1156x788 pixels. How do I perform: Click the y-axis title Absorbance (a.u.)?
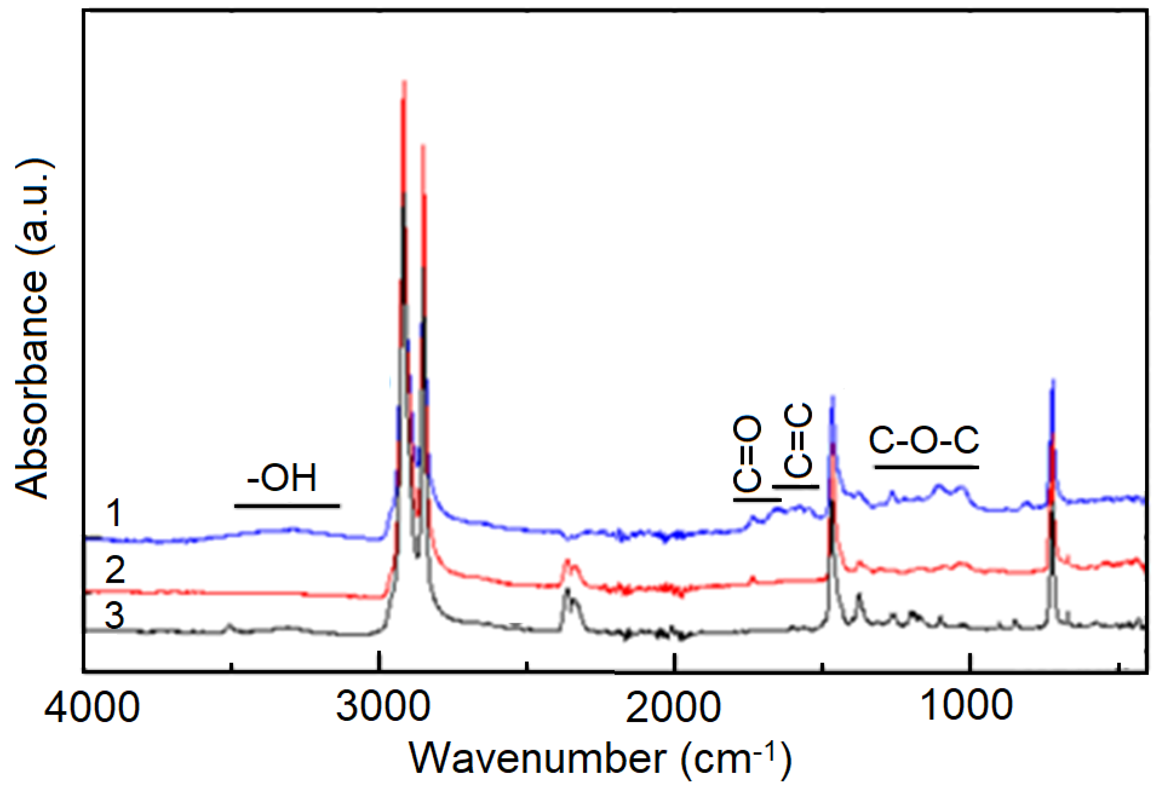click(x=33, y=328)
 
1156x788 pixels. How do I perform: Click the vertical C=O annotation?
click(x=748, y=454)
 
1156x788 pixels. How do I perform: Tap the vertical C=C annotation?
click(x=798, y=440)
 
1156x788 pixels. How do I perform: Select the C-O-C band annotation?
click(x=924, y=440)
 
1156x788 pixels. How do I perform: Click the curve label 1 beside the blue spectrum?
click(x=114, y=513)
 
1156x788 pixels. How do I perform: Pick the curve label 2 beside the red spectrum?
click(x=115, y=570)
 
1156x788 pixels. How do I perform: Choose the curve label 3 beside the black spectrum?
click(x=114, y=616)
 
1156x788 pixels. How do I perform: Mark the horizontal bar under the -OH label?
click(x=287, y=507)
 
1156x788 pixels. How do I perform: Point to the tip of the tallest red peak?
click(x=404, y=82)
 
